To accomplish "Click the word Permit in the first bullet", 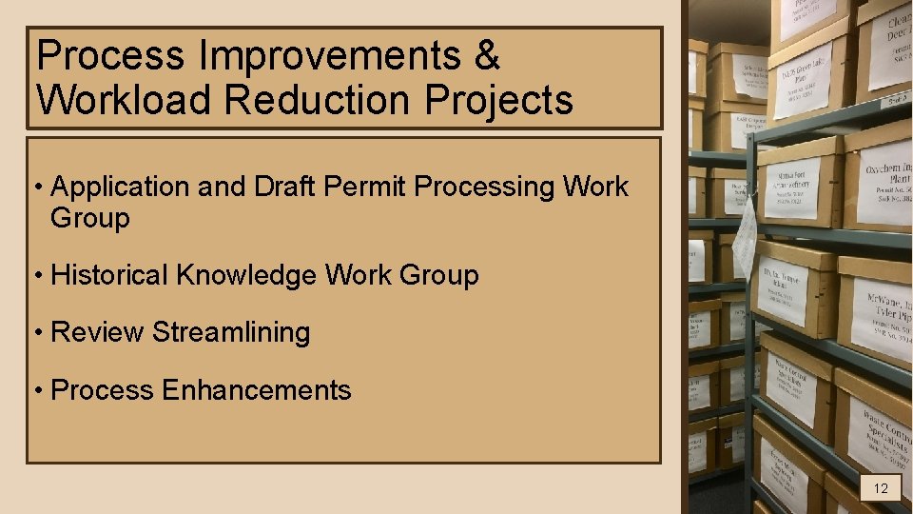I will point(376,187).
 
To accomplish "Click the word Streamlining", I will point(231,332).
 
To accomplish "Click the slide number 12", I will point(881,488).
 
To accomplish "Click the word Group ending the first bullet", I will point(89,218).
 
